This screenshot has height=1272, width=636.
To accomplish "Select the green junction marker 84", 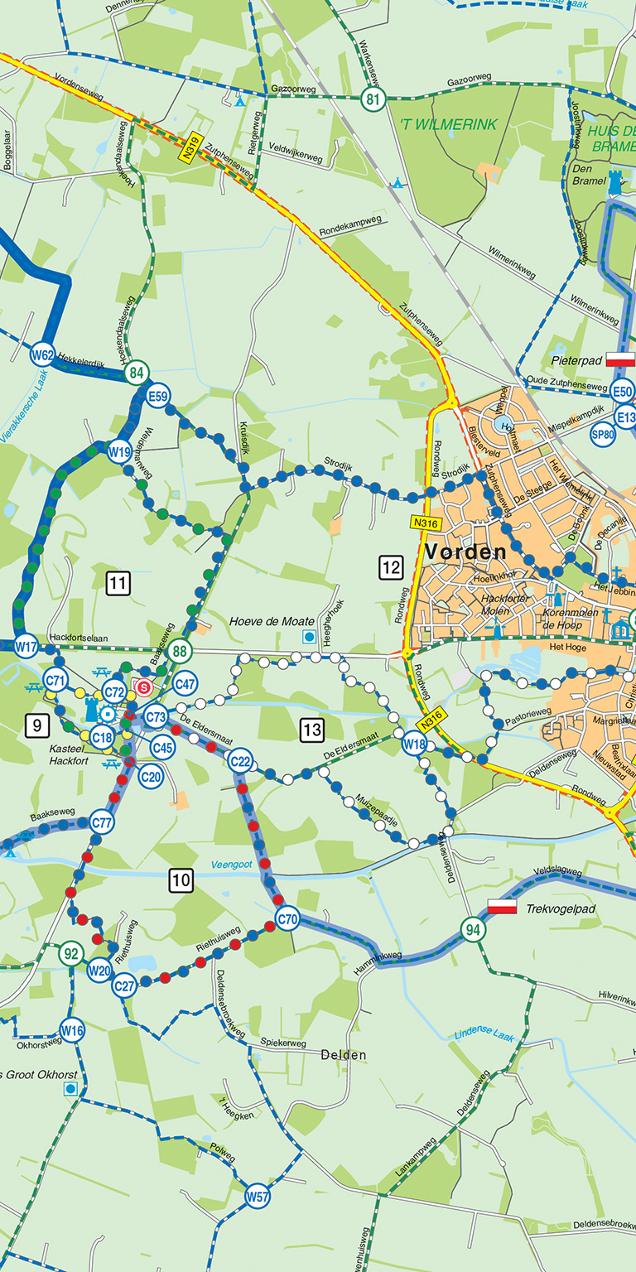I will click(137, 373).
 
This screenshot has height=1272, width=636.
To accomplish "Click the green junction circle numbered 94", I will click(473, 929).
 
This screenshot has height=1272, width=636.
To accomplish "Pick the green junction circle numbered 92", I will click(72, 953).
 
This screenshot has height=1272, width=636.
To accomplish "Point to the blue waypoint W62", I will click(42, 356).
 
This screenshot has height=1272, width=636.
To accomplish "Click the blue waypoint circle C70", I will click(287, 918).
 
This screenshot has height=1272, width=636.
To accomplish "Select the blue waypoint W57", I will click(258, 1196).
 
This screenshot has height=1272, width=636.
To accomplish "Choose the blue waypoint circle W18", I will click(414, 744).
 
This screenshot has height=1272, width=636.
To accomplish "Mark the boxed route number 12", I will click(391, 567).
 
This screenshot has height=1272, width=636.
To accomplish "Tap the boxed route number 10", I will click(181, 881).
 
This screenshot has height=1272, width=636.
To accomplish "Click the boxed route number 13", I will click(311, 730).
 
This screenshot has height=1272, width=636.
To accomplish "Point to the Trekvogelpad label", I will click(561, 908).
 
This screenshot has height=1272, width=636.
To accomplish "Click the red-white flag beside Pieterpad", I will click(620, 359).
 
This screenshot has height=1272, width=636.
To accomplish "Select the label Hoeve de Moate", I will click(272, 621).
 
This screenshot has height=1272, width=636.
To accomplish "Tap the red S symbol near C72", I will click(145, 687).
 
